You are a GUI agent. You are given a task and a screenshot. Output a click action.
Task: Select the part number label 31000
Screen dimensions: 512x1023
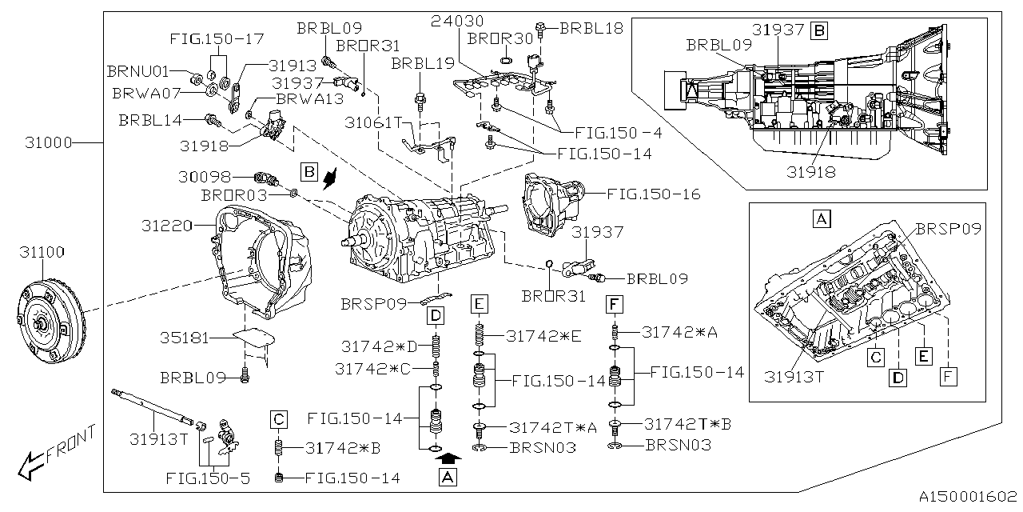(x=48, y=143)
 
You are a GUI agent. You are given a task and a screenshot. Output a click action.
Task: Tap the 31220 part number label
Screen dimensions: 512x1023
(x=167, y=226)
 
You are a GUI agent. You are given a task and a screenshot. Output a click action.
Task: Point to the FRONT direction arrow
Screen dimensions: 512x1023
(x=56, y=452)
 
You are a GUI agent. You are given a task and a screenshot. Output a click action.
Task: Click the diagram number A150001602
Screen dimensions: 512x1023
(x=966, y=496)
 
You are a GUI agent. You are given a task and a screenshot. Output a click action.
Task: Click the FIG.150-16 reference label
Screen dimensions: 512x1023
(x=653, y=193)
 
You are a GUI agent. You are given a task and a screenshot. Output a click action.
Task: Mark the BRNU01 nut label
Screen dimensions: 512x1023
(x=138, y=71)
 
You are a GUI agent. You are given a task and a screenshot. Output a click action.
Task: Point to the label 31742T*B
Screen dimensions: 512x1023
(x=677, y=424)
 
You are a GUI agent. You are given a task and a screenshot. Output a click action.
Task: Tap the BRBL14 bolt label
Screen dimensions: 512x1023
(x=150, y=120)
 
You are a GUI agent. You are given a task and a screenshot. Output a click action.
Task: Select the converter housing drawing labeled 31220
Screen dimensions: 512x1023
(x=256, y=260)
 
